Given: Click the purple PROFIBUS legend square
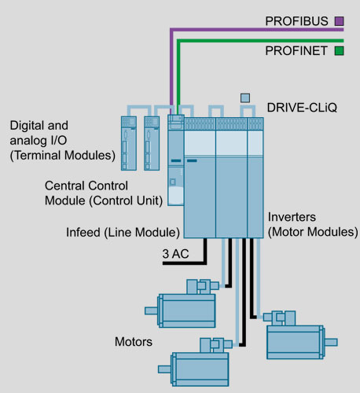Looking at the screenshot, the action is (x=339, y=21).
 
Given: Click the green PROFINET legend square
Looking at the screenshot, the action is (x=339, y=50).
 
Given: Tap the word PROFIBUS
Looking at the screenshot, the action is (x=296, y=21).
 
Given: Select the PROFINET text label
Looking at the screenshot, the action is (x=296, y=50).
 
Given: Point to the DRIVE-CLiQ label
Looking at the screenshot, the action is (x=302, y=108).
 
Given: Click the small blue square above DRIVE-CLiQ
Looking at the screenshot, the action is (x=245, y=98).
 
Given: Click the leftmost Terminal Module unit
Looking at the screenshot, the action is (x=129, y=143).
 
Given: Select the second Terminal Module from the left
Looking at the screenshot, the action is (x=152, y=143).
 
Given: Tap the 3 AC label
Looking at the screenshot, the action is (x=175, y=254).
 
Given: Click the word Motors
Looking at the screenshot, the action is (x=134, y=342).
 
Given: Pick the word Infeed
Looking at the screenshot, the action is (x=83, y=232).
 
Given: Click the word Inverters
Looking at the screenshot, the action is (x=292, y=217).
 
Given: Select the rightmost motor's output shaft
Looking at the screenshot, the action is (x=331, y=342).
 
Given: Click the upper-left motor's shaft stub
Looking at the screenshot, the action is (x=151, y=310).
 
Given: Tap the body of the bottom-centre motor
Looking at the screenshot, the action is (x=200, y=369).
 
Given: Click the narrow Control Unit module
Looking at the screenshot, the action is (x=176, y=160).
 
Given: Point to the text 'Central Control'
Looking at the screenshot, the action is (x=86, y=185).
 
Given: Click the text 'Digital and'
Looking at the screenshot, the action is (x=39, y=125).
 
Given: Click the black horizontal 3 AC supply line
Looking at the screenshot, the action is (x=183, y=263).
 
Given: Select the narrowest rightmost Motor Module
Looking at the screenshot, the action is (x=255, y=178).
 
